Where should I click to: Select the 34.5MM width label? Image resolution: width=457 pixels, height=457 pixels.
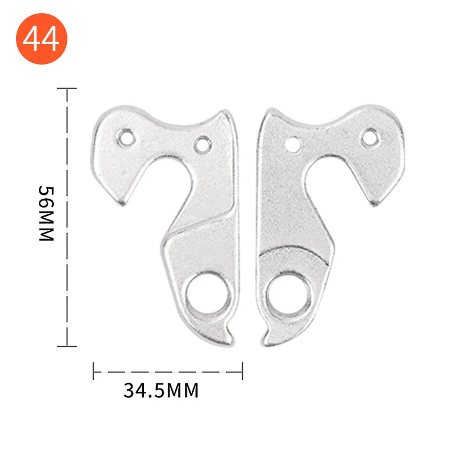pos(161,391)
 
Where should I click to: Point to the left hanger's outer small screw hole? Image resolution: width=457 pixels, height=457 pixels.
pos(126,137)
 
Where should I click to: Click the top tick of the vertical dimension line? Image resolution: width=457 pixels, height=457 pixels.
pos(67,89)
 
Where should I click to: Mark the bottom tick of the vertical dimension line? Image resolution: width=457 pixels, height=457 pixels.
pos(67,346)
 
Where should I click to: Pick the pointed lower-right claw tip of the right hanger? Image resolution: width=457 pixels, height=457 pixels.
pos(374,203)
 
